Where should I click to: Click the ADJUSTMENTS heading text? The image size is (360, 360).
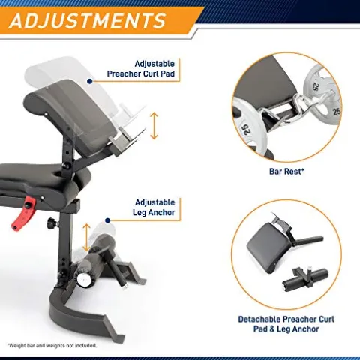tap(87, 20)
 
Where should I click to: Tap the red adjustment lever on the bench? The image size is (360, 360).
tap(24, 212)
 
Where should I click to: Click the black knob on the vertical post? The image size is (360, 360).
tap(52, 222)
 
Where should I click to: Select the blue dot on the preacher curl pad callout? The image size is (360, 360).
tap(90, 81)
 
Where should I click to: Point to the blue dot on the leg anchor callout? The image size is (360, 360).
tap(108, 220)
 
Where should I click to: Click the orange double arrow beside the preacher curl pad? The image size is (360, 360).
tap(154, 126)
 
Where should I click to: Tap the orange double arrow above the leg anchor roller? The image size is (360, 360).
tap(86, 237)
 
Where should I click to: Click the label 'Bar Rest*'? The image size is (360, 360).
tap(286, 172)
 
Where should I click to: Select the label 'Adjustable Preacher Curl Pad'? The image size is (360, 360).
tap(141, 68)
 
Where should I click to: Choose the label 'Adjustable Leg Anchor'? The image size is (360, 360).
tap(154, 208)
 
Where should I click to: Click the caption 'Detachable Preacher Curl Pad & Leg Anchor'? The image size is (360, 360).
tap(286, 324)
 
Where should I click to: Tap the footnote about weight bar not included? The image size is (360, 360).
tap(52, 345)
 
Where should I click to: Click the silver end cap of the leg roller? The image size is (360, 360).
tap(84, 280)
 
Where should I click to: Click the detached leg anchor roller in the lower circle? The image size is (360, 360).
tap(305, 280)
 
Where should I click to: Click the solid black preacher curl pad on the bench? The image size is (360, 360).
tap(73, 115)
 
